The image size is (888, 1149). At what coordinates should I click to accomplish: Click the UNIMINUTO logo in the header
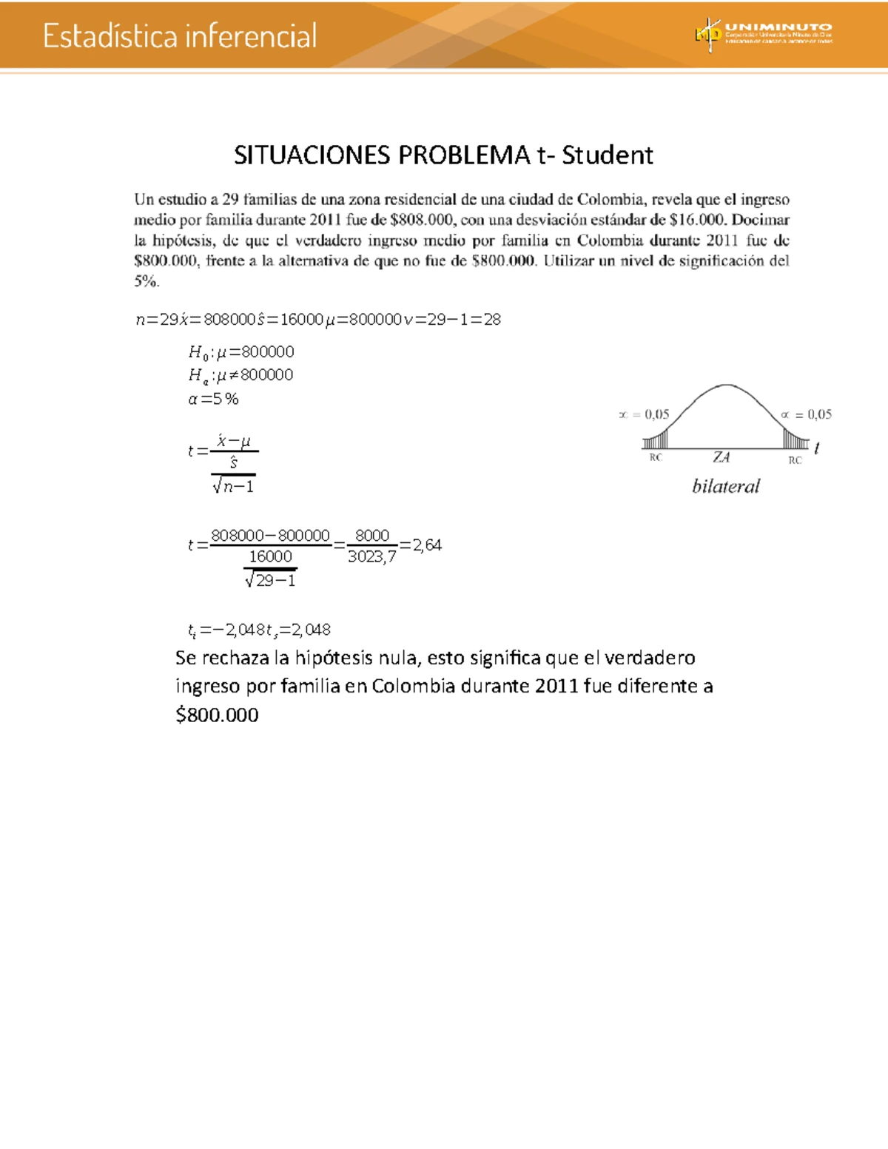763,34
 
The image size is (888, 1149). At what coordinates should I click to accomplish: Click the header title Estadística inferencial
180,36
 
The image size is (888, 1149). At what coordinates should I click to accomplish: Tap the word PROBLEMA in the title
465,155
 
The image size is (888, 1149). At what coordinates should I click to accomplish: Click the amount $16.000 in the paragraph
698,220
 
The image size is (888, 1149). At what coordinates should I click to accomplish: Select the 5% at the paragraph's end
146,281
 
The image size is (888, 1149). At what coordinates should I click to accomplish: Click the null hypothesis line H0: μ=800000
241,351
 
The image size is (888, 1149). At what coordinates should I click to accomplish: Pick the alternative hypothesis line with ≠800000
241,375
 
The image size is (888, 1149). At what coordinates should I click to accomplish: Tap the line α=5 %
213,399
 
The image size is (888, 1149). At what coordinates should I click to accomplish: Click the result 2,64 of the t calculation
427,545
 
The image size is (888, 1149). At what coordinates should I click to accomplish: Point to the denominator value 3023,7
371,556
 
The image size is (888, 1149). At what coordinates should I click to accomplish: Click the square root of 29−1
270,579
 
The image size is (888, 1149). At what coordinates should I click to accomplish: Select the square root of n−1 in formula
233,485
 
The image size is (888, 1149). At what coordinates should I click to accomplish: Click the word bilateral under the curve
725,486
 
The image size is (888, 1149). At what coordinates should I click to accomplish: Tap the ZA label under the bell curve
721,457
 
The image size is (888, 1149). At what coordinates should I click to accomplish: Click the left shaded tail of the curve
657,440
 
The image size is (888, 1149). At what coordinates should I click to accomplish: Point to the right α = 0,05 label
806,414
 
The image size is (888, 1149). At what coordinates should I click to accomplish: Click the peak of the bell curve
727,385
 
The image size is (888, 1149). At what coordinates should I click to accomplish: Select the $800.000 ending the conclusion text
217,715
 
